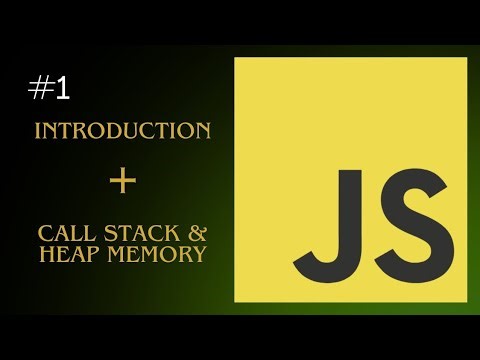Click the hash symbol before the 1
point(40,88)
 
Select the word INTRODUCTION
point(122,131)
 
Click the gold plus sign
point(122,181)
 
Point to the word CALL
point(61,234)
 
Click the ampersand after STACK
point(197,234)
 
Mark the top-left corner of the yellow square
point(235,58)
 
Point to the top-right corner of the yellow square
point(467,58)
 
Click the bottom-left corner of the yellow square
point(235,301)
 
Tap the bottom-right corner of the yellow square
point(467,301)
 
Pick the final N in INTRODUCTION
point(203,131)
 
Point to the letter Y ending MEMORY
point(200,254)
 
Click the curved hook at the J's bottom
point(314,262)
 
